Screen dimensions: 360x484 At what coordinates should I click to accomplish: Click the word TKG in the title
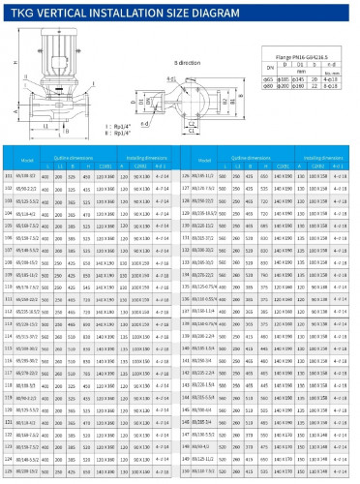[x=21, y=9]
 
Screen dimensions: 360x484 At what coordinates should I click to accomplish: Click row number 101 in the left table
[x=9, y=175]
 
